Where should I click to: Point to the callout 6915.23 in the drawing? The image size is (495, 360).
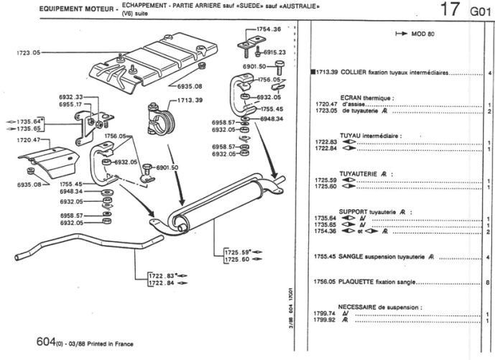point(274,52)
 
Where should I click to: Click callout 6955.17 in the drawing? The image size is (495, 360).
point(70,104)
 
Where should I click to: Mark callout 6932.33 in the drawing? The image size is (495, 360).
point(70,96)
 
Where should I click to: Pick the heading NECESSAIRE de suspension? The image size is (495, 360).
point(379,307)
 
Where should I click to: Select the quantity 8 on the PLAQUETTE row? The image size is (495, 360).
point(488,282)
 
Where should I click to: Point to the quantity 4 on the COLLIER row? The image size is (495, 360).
point(488,73)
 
